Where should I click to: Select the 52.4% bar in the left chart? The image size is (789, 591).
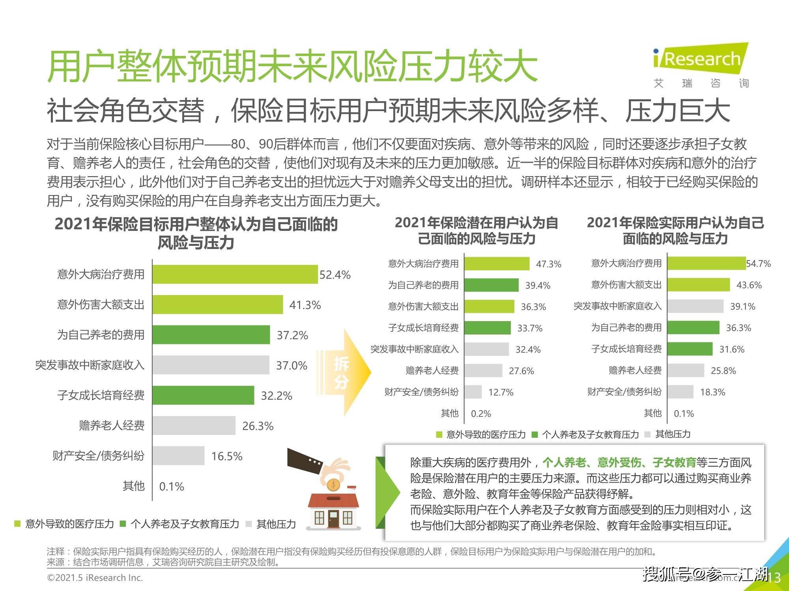click(235, 274)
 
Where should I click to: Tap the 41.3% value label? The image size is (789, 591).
click(305, 305)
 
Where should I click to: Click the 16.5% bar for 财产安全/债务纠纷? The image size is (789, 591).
click(178, 455)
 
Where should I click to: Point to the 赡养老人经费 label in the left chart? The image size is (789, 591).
click(112, 426)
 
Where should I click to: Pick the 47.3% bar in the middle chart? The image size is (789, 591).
click(497, 264)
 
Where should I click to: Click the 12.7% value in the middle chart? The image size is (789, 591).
click(501, 392)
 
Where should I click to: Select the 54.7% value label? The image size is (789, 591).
click(758, 264)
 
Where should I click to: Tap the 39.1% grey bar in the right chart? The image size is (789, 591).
click(695, 306)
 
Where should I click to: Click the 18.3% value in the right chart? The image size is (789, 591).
click(712, 392)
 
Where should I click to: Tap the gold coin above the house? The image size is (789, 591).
click(333, 484)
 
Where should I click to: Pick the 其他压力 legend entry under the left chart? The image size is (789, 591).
click(276, 524)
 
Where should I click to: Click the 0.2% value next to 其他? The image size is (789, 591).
click(481, 414)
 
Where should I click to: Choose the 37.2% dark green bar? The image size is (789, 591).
click(211, 335)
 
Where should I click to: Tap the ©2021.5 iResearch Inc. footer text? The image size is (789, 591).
click(95, 578)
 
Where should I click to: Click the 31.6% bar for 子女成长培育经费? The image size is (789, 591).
click(690, 349)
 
